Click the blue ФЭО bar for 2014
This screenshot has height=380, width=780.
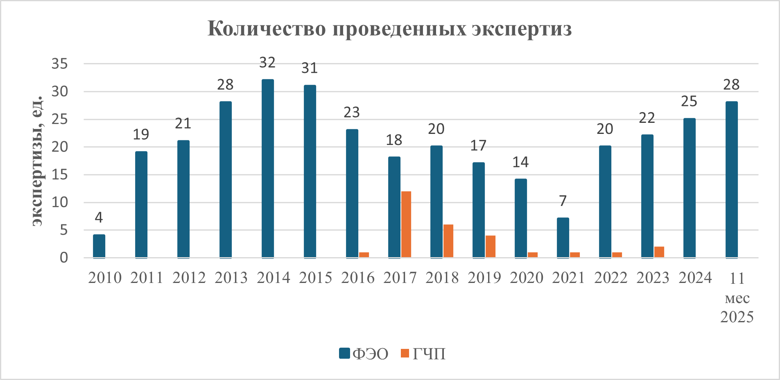[x=268, y=168]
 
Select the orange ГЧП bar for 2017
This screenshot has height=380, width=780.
[x=406, y=224]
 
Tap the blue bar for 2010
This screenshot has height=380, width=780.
[x=99, y=246]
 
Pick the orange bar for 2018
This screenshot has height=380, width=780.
[x=448, y=241]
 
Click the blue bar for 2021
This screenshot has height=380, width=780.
[x=563, y=237]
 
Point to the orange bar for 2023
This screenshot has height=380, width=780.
[x=659, y=252]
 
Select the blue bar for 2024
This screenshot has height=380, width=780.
[x=690, y=188]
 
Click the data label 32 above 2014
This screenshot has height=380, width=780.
[x=267, y=63]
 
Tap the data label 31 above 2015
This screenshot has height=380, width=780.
[x=310, y=68]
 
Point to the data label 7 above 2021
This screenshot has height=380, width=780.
[x=563, y=201]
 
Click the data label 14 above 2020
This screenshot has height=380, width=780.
[x=520, y=162]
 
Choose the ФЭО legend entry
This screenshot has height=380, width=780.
[x=364, y=353]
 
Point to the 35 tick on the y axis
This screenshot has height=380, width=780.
[x=60, y=64]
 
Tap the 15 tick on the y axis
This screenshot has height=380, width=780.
[x=60, y=175]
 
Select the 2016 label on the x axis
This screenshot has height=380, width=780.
[x=358, y=278]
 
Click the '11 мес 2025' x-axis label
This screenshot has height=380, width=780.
[x=737, y=298]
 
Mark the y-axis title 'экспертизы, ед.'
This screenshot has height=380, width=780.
[x=38, y=161]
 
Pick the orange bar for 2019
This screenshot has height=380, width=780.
[x=491, y=247]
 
